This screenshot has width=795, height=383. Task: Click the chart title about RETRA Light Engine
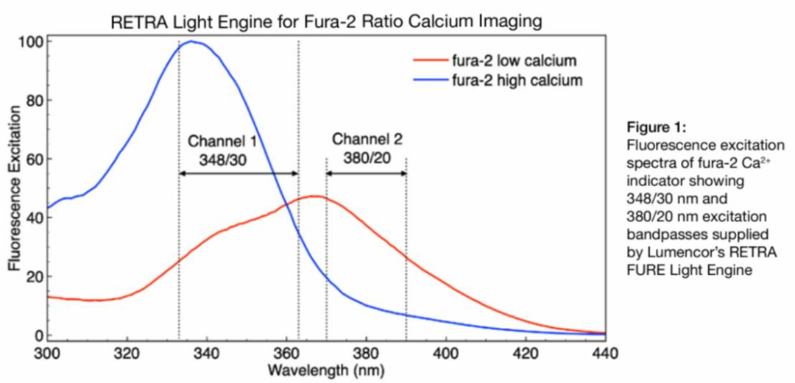[326, 22]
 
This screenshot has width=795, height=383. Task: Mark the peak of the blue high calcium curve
[191, 42]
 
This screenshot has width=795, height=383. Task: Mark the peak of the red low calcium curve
[315, 196]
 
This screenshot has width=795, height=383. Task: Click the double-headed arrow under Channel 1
[238, 173]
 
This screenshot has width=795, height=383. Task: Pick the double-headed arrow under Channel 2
[366, 173]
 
